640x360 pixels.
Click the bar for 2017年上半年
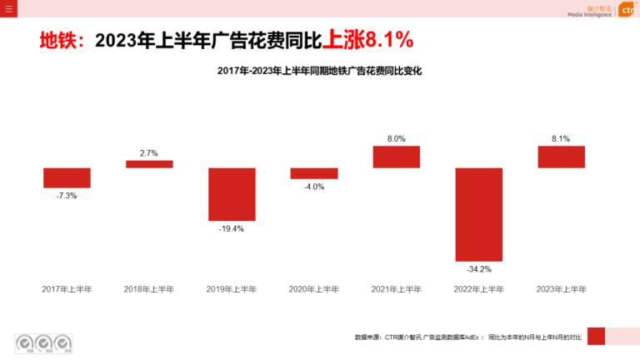[x=67, y=177]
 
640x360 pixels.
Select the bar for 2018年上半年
[x=149, y=164]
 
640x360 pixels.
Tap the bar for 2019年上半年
[x=232, y=194]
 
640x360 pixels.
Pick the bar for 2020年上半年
[x=314, y=173]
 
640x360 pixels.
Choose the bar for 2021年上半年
[x=396, y=157]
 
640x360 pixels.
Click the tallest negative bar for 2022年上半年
[x=479, y=214]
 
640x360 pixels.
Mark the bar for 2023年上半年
[x=561, y=157]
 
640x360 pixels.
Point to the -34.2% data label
[x=479, y=269]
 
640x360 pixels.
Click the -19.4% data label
[x=232, y=228]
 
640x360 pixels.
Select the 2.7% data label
[x=149, y=153]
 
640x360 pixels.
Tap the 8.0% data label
[x=396, y=139]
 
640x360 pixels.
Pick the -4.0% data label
[x=314, y=187]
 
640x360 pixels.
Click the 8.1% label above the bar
[x=561, y=139]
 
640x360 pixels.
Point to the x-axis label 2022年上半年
[x=479, y=289]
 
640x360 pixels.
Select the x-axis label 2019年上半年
[x=232, y=289]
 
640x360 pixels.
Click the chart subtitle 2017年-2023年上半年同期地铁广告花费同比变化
[x=320, y=72]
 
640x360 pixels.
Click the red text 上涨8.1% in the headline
[x=367, y=40]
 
